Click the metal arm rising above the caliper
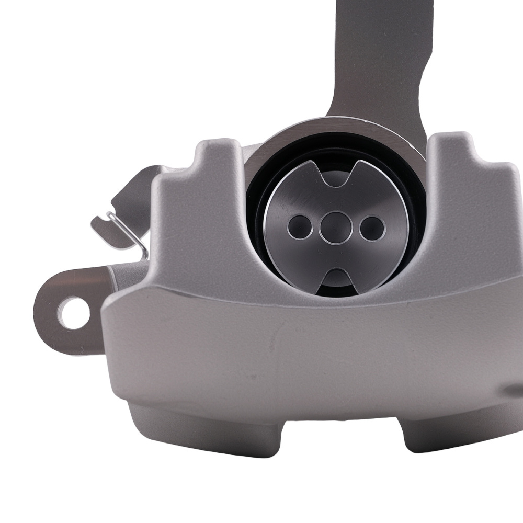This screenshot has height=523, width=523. [377, 58]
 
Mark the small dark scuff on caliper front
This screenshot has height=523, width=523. [272, 340]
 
